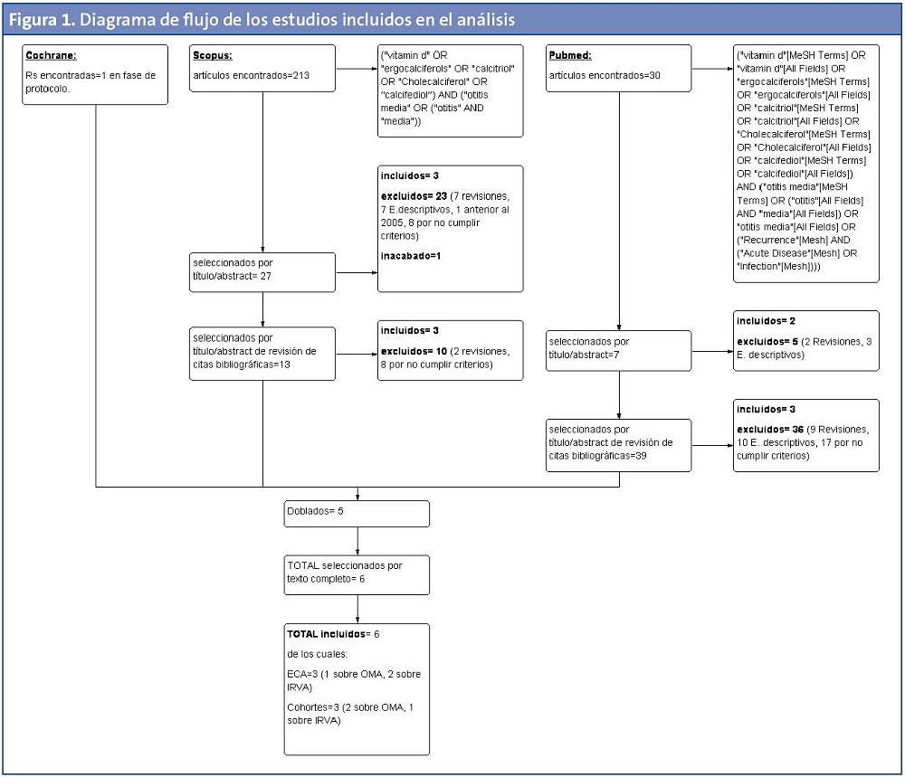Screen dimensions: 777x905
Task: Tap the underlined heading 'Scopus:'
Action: [213, 55]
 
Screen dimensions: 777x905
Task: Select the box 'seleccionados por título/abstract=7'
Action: [618, 349]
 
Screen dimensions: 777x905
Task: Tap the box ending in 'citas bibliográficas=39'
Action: [618, 442]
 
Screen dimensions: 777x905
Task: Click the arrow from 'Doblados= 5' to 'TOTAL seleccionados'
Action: [358, 539]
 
